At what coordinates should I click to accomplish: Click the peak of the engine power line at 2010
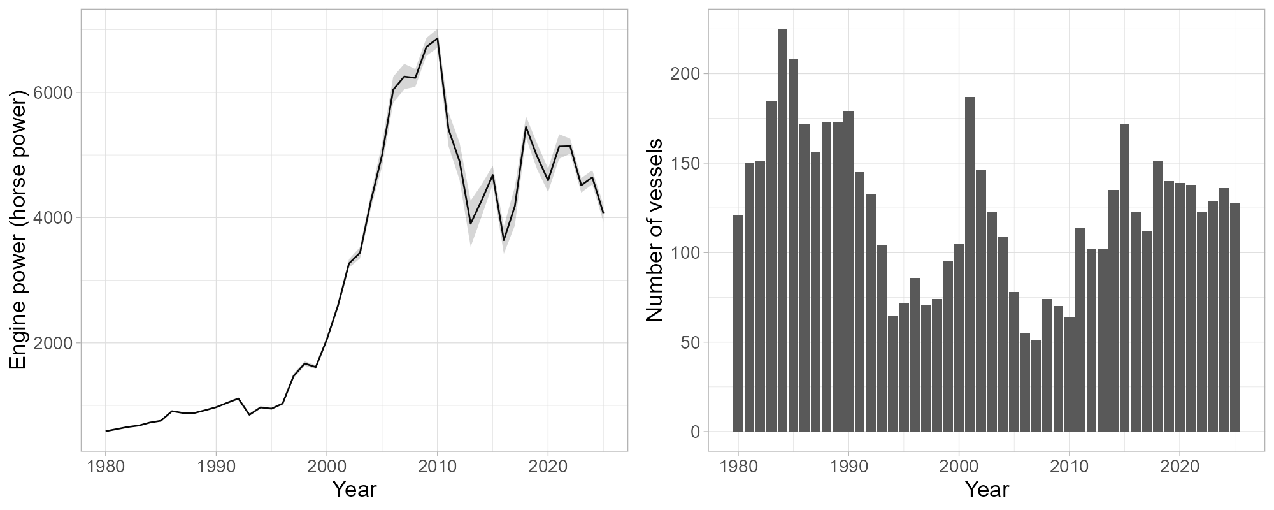[437, 38]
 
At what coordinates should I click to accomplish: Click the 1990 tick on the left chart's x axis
[216, 467]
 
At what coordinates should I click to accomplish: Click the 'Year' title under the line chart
[354, 489]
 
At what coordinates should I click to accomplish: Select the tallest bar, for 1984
[782, 229]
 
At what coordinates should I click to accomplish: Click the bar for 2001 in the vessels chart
[970, 265]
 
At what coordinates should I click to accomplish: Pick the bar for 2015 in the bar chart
[1124, 277]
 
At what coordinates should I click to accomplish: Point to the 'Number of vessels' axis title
[655, 229]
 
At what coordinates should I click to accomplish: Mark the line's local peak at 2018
[526, 127]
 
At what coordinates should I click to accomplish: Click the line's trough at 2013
[471, 224]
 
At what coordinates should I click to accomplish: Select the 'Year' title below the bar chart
[986, 489]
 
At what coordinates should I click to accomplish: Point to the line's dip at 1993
[250, 415]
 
